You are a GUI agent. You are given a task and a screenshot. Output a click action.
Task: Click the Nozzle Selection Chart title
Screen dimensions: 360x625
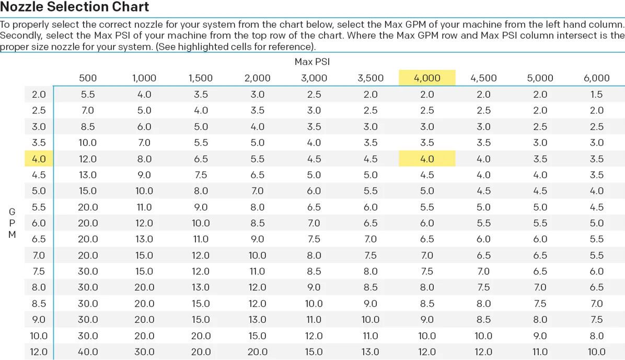click(75, 7)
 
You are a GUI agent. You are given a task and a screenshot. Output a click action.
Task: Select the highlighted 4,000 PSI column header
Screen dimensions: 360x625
click(427, 78)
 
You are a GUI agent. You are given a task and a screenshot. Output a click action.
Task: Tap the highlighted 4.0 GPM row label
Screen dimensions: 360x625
click(39, 159)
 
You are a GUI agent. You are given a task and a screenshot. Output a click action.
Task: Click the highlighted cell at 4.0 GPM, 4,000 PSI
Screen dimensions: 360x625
click(427, 159)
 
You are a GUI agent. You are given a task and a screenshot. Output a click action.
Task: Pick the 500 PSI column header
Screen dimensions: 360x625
click(88, 78)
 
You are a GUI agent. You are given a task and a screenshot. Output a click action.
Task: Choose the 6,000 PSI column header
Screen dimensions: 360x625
click(596, 78)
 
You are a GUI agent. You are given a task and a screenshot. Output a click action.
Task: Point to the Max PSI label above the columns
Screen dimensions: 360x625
click(312, 62)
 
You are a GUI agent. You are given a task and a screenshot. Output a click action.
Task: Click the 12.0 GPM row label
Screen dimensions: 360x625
click(39, 352)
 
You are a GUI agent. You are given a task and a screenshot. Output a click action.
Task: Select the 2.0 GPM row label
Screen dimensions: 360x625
click(39, 95)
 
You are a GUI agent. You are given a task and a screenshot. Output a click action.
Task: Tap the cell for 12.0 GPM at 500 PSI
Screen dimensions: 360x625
click(88, 352)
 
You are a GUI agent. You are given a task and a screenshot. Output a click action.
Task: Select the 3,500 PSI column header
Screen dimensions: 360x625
click(371, 78)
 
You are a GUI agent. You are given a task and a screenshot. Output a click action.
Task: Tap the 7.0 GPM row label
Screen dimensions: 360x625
click(39, 256)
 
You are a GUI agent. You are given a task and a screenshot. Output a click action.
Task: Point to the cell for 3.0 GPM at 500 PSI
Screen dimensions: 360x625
click(88, 126)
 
